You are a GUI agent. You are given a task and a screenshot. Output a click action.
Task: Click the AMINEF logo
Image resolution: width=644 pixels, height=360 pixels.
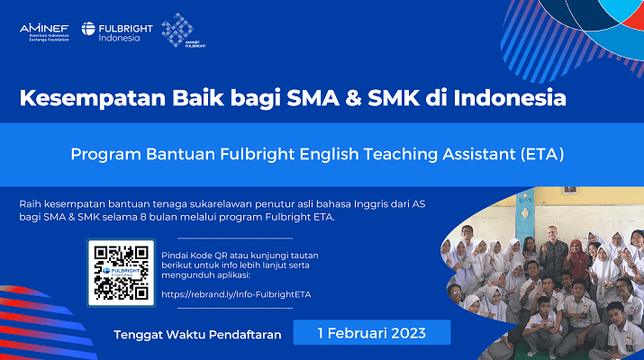point(44,32)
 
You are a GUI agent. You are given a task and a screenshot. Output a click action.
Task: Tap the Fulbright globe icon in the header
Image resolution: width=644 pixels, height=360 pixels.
point(88,28)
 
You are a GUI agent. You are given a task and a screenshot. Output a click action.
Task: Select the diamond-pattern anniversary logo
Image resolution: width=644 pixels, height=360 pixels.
point(182,30)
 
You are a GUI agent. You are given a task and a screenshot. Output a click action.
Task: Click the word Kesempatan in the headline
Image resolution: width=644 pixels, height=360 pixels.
point(93,98)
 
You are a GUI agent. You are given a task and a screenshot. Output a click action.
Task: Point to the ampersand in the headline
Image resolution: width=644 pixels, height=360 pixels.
point(353,98)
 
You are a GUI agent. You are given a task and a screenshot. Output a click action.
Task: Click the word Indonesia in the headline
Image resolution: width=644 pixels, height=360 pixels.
point(510,98)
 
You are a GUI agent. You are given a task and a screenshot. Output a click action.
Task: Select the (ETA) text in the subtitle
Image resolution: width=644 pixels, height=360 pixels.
point(542,154)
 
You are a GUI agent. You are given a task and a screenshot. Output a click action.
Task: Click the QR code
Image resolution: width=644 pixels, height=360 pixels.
point(122,273)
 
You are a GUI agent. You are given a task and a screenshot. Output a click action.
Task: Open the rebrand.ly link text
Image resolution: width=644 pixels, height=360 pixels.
point(236,294)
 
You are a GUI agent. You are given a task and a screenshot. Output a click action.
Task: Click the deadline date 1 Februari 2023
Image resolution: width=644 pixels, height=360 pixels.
point(372,333)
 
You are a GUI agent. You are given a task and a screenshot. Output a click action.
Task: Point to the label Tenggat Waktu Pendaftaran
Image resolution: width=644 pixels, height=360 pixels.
point(197,335)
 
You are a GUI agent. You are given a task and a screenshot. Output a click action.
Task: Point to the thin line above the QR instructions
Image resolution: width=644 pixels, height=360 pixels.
point(235,238)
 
